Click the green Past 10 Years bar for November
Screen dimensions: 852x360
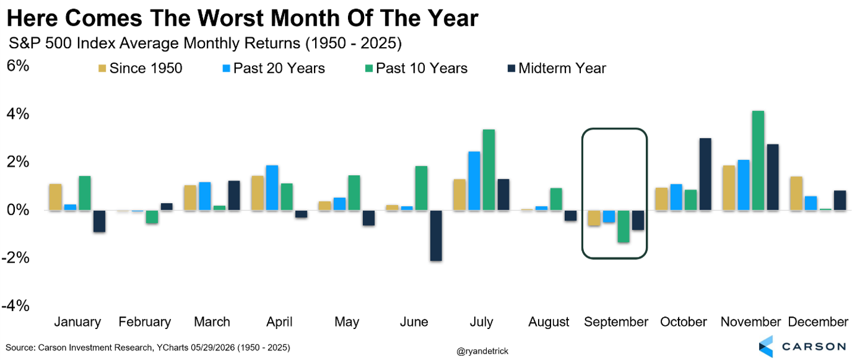[x=758, y=160]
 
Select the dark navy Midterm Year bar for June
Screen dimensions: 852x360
[x=436, y=235]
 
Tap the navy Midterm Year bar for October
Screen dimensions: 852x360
[x=705, y=174]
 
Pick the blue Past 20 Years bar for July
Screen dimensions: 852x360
[x=474, y=181]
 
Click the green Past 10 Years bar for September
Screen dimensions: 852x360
[x=623, y=226]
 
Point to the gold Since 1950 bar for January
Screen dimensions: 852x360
[x=55, y=197]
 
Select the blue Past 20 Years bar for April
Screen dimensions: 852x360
[x=272, y=188]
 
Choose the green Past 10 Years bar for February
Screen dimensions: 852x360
[x=152, y=216]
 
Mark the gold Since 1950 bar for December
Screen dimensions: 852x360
[x=796, y=193]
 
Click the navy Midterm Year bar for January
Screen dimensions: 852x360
[x=99, y=221]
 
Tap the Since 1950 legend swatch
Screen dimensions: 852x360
[x=102, y=69]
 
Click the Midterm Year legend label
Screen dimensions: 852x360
[x=562, y=69]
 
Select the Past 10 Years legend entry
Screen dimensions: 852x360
[x=416, y=69]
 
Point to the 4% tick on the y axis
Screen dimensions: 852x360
[x=17, y=114]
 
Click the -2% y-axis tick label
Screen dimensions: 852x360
[x=15, y=257]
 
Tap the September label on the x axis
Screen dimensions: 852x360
[x=616, y=322]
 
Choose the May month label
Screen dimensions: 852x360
[x=347, y=322]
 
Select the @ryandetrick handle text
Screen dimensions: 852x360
[x=482, y=351]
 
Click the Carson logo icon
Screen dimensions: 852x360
[x=766, y=346]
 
